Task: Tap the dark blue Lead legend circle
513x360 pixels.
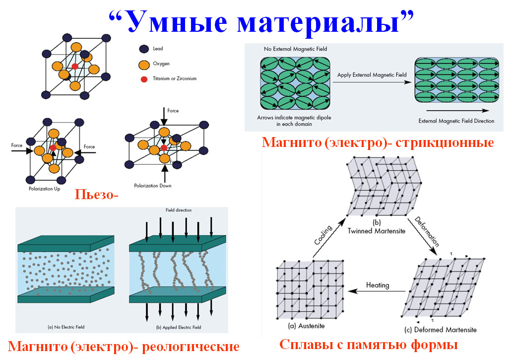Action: pos(144,49)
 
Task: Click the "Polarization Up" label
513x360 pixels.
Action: pos(44,189)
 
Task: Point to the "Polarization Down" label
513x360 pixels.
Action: pos(153,186)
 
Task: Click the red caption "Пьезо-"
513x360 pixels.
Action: pos(97,194)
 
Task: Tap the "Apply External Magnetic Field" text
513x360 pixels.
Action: pos(372,75)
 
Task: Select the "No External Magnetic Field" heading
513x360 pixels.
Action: pos(295,49)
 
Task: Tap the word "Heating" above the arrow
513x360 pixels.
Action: pos(378,286)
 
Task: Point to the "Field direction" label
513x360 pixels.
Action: pos(179,210)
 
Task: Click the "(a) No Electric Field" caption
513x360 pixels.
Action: pos(66,327)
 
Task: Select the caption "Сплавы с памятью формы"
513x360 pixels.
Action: pos(368,345)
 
